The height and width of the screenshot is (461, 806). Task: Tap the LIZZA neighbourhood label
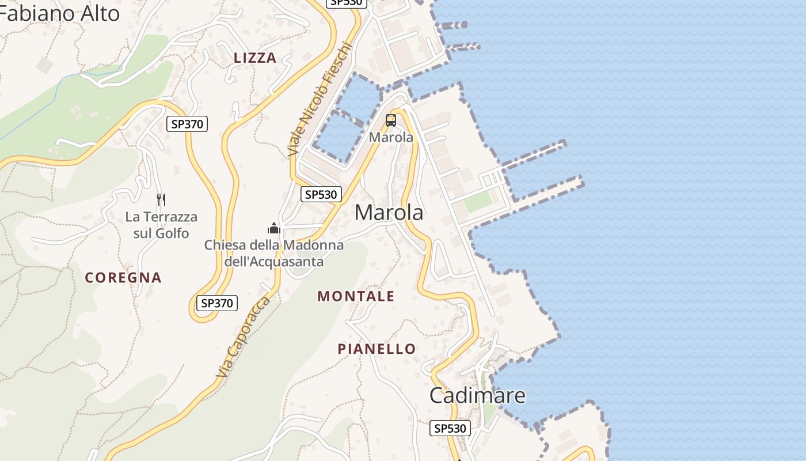click(x=255, y=58)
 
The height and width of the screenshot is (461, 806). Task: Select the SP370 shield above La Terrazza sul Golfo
click(x=187, y=123)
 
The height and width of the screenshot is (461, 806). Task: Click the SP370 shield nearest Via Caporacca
click(x=217, y=303)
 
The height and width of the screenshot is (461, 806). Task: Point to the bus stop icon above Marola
click(x=391, y=120)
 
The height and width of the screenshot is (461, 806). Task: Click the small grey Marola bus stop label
click(x=391, y=137)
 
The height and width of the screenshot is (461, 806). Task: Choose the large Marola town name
click(x=389, y=213)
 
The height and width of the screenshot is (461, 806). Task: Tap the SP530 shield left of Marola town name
click(x=321, y=194)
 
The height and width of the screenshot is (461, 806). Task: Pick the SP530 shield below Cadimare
click(x=450, y=428)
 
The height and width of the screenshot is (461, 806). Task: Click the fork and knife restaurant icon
click(x=161, y=200)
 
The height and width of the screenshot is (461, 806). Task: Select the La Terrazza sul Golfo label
click(x=161, y=225)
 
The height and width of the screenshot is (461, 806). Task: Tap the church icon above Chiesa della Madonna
click(x=274, y=228)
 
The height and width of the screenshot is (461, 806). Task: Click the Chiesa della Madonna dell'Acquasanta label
click(x=274, y=253)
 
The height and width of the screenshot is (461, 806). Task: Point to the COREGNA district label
click(x=123, y=277)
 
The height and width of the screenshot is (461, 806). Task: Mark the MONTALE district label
click(x=356, y=296)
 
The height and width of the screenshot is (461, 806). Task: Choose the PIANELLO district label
click(x=377, y=349)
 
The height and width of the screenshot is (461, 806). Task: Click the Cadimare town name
click(x=477, y=395)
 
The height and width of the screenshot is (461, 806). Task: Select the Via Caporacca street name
click(x=243, y=338)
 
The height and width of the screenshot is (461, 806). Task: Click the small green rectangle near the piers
click(x=478, y=202)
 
